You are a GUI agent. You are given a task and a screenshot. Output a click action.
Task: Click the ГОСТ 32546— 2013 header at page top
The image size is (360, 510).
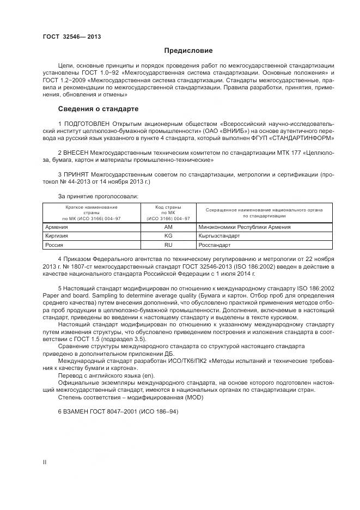[72, 37]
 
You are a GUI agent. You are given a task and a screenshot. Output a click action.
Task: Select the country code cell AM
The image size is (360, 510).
[168, 227]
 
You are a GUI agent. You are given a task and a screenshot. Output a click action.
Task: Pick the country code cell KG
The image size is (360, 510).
[168, 236]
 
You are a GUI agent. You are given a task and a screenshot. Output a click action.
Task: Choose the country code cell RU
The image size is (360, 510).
[168, 245]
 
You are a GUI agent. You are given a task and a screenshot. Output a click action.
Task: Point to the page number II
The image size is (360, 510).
[45, 462]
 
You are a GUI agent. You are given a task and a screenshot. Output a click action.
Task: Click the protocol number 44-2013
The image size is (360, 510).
[77, 181]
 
